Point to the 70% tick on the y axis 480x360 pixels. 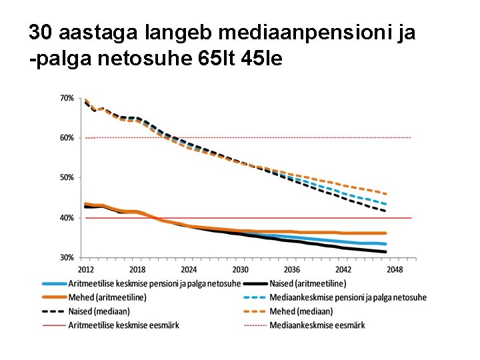click(x=67, y=98)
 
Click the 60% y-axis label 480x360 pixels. click(x=67, y=138)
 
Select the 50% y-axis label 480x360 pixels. click(x=67, y=178)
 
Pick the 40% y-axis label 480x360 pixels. click(x=67, y=218)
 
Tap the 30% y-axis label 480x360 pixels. click(x=67, y=258)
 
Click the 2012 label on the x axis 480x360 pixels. click(x=86, y=270)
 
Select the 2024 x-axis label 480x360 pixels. click(x=189, y=270)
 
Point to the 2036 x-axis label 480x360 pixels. click(x=292, y=270)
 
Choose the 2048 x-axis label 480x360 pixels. click(x=395, y=270)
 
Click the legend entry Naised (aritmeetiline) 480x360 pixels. click(x=307, y=284)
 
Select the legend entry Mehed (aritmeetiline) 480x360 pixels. click(x=107, y=297)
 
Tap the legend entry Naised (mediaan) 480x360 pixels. click(x=99, y=311)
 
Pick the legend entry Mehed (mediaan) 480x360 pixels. click(x=301, y=311)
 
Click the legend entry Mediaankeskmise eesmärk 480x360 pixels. click(x=317, y=325)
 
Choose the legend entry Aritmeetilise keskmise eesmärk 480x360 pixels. click(x=124, y=325)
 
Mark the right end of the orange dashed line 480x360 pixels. click(x=386, y=194)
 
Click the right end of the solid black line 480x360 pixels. click(x=386, y=252)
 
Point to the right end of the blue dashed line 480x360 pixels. click(x=386, y=204)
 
